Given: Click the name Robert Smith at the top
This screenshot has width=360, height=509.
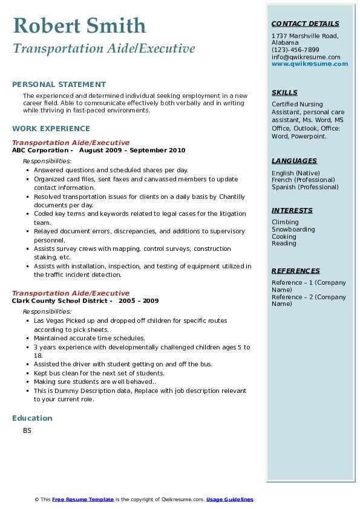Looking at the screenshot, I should (x=79, y=26).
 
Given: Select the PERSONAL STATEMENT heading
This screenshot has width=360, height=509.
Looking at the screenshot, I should (x=59, y=85).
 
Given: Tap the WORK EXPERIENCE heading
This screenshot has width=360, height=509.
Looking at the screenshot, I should (x=51, y=129).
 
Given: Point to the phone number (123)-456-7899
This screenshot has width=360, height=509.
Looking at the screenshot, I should (x=295, y=50).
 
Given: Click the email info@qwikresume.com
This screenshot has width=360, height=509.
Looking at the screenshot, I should (x=306, y=57).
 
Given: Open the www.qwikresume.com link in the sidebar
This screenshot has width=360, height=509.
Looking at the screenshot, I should (x=310, y=64).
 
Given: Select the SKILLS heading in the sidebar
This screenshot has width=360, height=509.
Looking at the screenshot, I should (x=284, y=93).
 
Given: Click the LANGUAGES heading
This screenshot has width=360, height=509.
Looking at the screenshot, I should (x=294, y=161).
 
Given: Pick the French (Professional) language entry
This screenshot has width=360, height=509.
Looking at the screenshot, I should (x=303, y=180).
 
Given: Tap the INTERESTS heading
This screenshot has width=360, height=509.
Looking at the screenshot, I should (x=292, y=211).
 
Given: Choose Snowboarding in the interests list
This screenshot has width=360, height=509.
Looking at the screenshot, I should (x=293, y=230).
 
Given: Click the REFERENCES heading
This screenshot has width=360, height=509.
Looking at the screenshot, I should (x=296, y=271).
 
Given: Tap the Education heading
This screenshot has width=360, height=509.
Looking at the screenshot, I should (x=32, y=418).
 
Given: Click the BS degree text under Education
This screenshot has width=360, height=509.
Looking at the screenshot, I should (x=27, y=431).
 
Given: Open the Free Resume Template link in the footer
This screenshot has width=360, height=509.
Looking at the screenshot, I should (x=83, y=499).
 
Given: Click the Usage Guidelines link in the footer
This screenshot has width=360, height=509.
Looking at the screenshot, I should (x=230, y=499).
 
